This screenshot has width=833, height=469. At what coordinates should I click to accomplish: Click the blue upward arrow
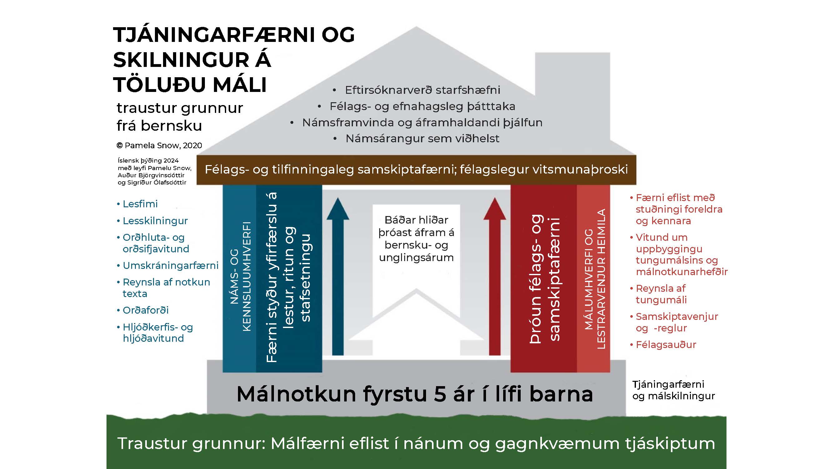338,276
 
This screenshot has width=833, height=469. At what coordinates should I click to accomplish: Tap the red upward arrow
495,276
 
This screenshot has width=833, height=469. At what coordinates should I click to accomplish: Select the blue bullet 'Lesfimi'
137,204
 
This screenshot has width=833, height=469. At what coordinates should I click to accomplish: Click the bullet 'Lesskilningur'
152,221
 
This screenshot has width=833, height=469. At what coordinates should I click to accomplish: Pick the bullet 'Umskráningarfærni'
167,265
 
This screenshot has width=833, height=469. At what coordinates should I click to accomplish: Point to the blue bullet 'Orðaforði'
143,310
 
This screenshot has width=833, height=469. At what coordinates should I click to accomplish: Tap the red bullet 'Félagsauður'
663,344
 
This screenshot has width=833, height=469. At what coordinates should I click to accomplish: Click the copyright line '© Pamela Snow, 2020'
159,145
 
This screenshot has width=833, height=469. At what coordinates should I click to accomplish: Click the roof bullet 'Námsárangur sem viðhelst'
417,139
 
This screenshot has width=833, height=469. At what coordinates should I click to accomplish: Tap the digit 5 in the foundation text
440,394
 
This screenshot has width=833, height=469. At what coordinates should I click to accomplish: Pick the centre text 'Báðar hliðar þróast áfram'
417,226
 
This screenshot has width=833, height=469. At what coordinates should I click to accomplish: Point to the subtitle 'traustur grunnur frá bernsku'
180,117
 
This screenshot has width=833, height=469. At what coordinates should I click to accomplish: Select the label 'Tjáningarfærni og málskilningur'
673,390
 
